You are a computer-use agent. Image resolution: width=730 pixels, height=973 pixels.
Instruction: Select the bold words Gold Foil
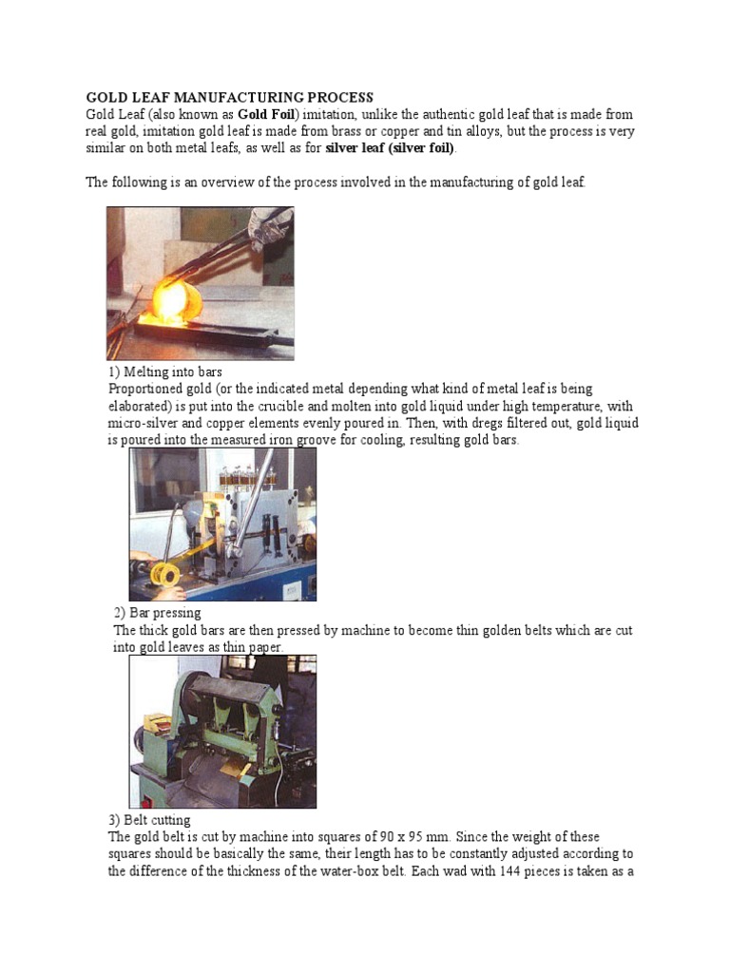(x=269, y=114)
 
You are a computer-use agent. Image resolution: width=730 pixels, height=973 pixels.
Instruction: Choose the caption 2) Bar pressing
(x=157, y=613)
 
